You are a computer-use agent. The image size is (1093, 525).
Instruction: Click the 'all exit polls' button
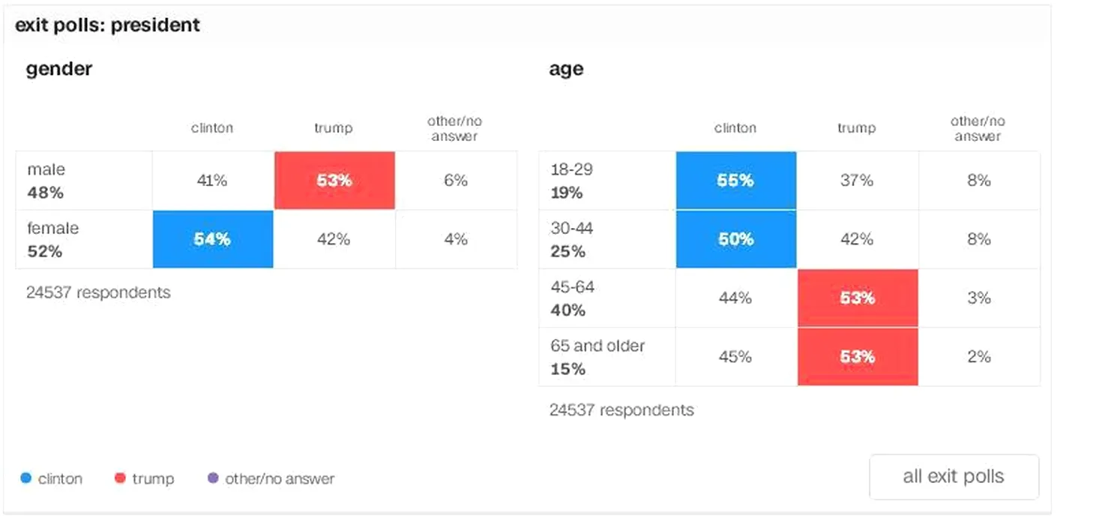point(954,477)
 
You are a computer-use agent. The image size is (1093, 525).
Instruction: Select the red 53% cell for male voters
point(334,181)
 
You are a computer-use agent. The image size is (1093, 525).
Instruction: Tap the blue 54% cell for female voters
point(212,239)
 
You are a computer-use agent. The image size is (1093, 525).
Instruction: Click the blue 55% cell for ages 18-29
point(735,181)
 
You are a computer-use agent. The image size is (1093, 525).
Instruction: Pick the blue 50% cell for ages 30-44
point(735,239)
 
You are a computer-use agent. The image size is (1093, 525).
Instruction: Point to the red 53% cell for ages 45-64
point(857,298)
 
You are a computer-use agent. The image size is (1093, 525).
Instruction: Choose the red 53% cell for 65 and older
point(857,356)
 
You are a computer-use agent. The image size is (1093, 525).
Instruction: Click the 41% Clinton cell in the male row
point(212,181)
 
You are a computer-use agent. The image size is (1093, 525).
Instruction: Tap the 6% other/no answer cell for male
point(456,181)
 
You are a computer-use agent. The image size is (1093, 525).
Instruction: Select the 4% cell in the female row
point(456,239)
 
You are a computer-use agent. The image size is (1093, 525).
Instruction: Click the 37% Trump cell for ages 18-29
point(857,181)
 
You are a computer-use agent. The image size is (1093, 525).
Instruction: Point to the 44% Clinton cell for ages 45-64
point(735,298)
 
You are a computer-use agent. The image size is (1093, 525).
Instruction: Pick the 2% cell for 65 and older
point(979,356)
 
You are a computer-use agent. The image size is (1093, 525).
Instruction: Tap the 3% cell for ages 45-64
point(979,298)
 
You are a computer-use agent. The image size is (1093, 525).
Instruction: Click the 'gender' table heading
point(59,69)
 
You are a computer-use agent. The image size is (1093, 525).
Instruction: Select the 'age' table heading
point(566,69)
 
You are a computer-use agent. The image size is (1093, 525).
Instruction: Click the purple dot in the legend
point(213,478)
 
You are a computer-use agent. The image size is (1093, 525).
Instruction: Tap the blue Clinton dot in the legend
point(26,478)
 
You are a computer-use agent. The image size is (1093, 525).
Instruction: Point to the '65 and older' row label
point(597,346)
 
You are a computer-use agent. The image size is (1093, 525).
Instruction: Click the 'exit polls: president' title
point(108,25)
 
